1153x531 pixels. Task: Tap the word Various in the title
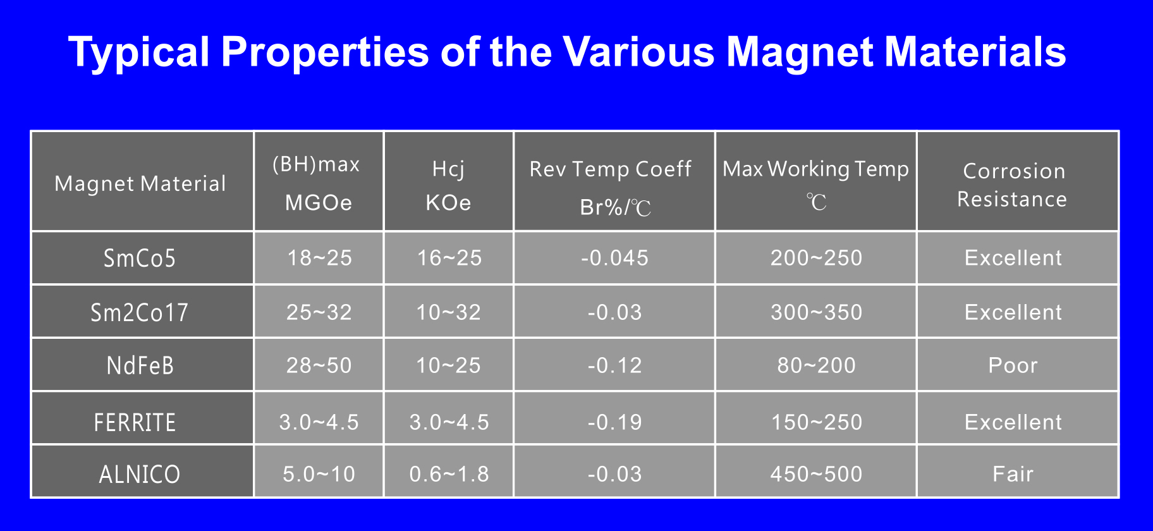(x=638, y=51)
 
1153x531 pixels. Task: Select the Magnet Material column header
(x=140, y=183)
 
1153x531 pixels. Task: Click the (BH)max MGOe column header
(x=317, y=183)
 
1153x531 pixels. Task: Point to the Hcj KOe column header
(x=448, y=185)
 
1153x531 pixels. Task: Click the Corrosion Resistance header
(x=1013, y=185)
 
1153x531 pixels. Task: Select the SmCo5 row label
(x=140, y=259)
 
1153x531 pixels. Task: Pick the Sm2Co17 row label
(x=140, y=312)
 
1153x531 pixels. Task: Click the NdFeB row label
(x=140, y=365)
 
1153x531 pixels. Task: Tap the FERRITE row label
(x=135, y=422)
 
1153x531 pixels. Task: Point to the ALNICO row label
(x=140, y=474)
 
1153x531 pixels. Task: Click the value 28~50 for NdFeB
(x=319, y=365)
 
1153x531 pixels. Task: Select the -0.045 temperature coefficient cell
(x=614, y=258)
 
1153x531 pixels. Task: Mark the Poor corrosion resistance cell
(x=1013, y=365)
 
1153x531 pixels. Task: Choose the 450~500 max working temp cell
(x=816, y=474)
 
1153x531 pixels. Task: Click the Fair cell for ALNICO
(x=1013, y=474)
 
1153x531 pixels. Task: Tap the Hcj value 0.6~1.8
(x=449, y=474)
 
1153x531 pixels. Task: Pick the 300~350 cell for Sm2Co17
(x=816, y=312)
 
